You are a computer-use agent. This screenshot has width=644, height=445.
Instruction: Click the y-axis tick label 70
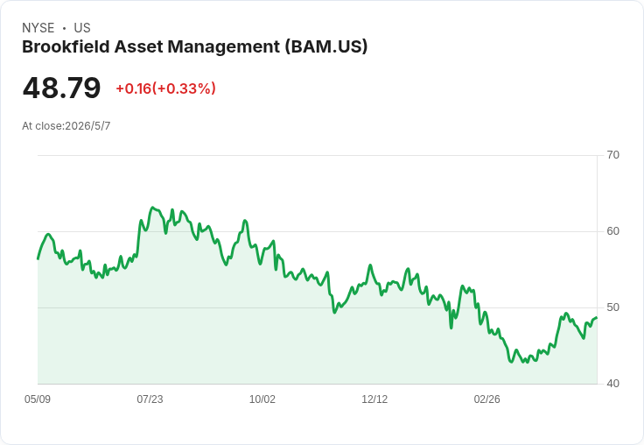tap(612, 155)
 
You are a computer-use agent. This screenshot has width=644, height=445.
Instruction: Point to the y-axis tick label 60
tap(612, 231)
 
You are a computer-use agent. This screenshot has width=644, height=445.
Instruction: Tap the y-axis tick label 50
tap(612, 307)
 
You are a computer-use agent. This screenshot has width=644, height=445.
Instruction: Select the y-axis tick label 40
tap(612, 384)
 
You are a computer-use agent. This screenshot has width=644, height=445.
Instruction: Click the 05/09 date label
tap(38, 399)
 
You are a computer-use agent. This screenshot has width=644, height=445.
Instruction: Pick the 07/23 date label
tap(150, 399)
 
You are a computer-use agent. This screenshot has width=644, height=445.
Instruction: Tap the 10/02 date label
tap(262, 399)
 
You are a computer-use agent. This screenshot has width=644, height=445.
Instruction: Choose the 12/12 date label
tap(374, 399)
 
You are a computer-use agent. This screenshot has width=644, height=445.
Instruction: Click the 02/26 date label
tap(486, 399)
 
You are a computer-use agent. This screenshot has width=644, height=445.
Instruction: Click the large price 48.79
tap(61, 88)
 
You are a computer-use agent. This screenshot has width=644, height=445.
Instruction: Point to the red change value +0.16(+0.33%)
tap(166, 88)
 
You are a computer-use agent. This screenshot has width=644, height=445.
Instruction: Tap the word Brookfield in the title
tap(66, 46)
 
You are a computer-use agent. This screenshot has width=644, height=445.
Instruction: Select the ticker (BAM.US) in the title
tap(326, 47)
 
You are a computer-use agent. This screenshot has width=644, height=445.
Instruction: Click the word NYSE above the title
tap(38, 28)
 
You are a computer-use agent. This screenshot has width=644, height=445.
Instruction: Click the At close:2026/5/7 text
tap(66, 126)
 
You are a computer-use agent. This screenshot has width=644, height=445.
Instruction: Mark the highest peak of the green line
tap(152, 208)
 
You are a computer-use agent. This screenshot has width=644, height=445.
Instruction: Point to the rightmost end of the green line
tap(597, 317)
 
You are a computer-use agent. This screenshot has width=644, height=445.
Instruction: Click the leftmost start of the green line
tap(38, 258)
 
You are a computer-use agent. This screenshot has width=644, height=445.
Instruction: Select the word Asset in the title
tap(139, 46)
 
